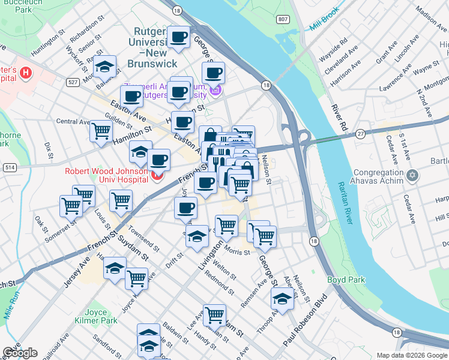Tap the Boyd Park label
(342, 280)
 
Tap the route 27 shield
(360, 133)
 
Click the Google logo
(20, 353)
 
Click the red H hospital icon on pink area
(26, 74)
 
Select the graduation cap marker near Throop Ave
(282, 297)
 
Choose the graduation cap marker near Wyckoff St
(105, 67)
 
